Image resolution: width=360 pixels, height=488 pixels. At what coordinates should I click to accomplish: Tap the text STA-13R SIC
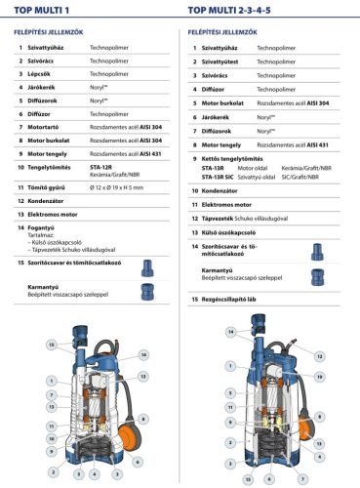(x=219, y=177)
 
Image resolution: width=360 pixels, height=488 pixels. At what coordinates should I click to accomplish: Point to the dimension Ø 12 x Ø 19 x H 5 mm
(x=122, y=187)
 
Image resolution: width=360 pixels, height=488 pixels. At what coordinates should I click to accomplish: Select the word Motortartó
(x=49, y=127)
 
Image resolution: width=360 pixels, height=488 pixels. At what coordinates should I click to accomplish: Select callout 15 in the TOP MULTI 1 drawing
(x=52, y=346)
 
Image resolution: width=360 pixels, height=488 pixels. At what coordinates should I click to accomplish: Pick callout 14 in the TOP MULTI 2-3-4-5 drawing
(x=231, y=332)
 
